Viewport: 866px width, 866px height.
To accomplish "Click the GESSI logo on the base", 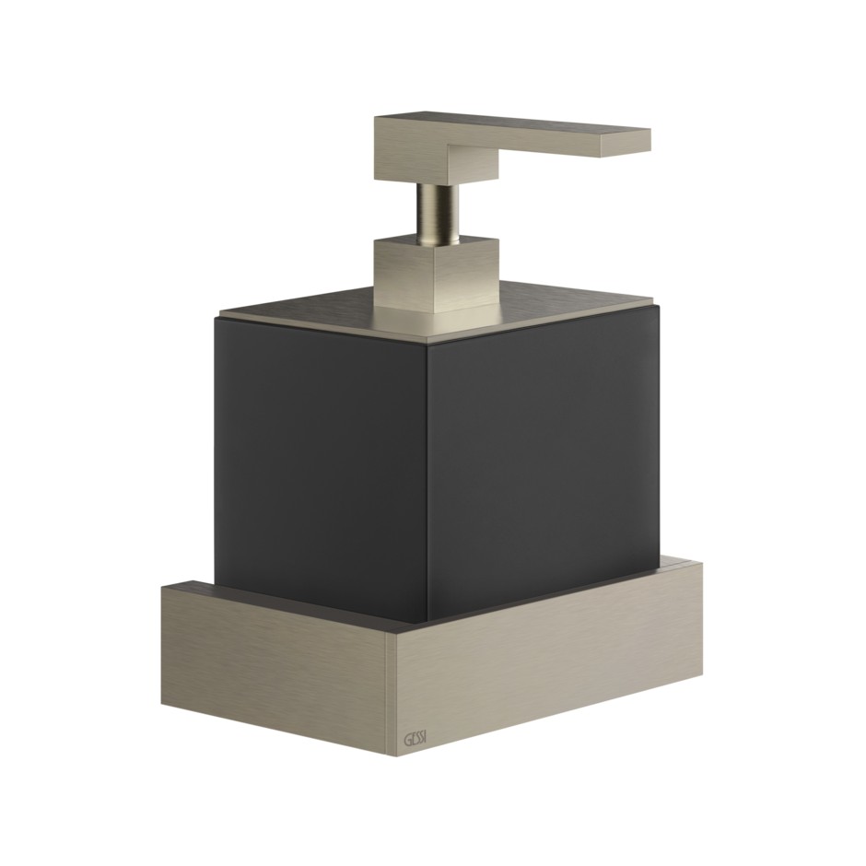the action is click(415, 739).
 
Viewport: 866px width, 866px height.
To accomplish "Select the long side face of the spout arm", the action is click(525, 146).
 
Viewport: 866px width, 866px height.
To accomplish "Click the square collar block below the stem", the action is click(437, 273).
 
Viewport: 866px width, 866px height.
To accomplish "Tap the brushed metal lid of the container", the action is click(437, 312).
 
